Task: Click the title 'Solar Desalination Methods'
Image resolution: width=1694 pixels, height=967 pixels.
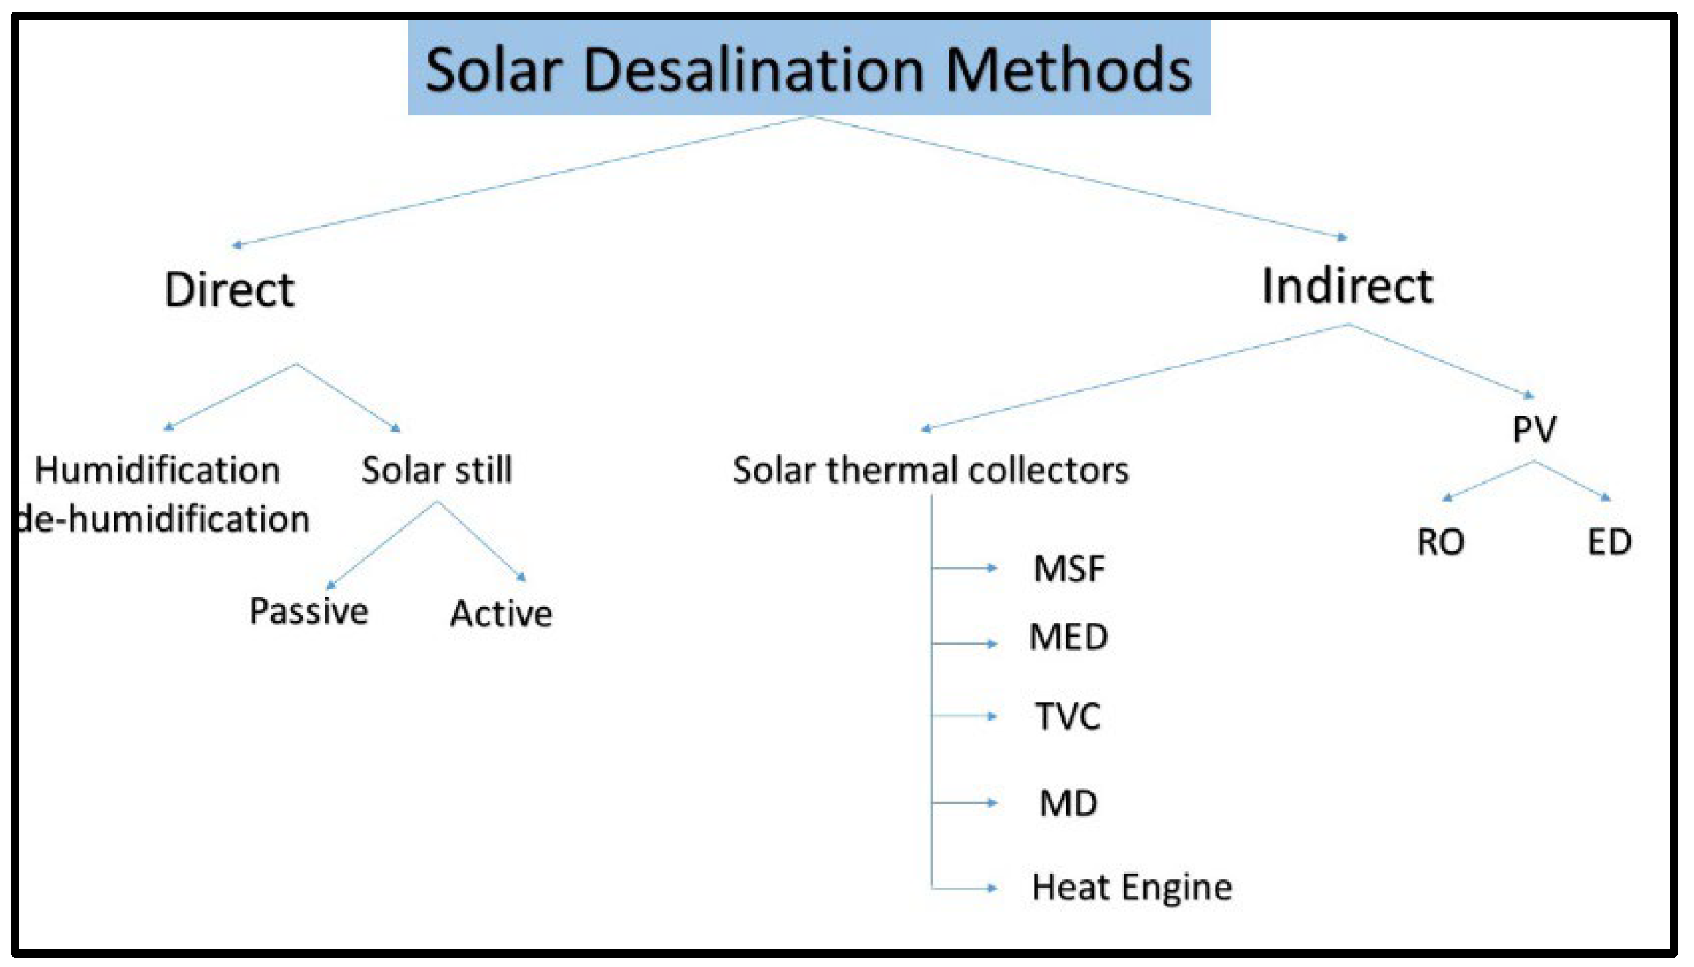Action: (808, 69)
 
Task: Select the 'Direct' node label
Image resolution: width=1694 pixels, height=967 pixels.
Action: (229, 290)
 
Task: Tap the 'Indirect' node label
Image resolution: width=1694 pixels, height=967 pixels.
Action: (1347, 286)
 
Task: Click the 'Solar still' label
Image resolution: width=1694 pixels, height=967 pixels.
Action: (437, 470)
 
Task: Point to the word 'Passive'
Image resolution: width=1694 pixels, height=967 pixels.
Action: (308, 611)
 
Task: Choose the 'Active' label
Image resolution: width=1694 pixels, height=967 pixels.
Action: (501, 613)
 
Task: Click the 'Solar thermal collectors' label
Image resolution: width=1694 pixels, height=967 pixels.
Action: (930, 470)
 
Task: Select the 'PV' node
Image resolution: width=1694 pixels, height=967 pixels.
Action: (1534, 430)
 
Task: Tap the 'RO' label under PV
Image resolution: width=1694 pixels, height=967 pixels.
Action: (1440, 543)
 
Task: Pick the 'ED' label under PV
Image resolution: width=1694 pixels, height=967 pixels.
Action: (1609, 543)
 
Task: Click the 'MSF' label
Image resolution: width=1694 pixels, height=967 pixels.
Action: (1069, 569)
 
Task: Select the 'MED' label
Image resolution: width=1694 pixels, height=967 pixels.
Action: (1068, 637)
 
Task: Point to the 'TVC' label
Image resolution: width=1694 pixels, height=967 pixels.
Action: (1068, 716)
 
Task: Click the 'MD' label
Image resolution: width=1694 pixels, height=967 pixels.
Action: (1068, 804)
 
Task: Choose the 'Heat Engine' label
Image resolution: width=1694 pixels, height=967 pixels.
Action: (1132, 888)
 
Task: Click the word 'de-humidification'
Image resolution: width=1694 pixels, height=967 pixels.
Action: (164, 519)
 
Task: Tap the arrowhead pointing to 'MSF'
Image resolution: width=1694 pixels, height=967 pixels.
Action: (991, 568)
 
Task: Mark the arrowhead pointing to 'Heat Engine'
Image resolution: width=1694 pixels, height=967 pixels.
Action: (991, 888)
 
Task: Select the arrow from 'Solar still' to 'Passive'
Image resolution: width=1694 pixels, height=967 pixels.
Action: (383, 544)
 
